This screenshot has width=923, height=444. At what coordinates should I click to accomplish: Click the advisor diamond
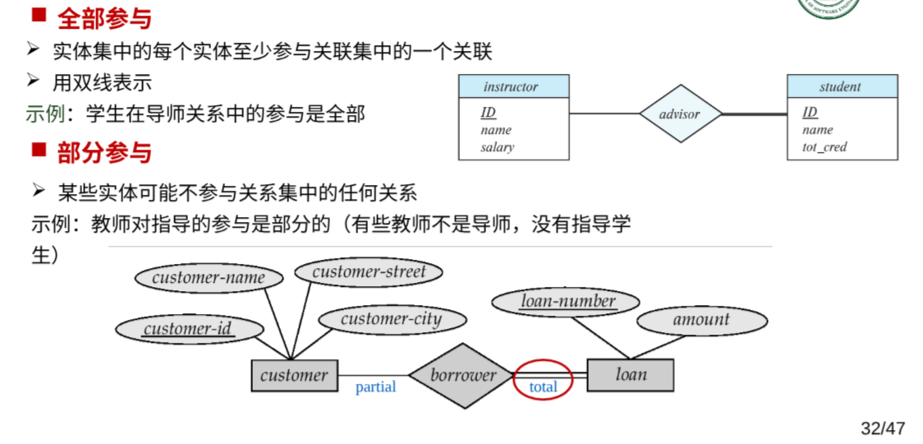[x=680, y=113]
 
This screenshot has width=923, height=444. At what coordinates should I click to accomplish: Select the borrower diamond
[x=463, y=376]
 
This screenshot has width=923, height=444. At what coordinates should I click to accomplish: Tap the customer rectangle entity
[x=294, y=376]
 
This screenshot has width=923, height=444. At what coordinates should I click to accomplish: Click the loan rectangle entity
[x=631, y=375]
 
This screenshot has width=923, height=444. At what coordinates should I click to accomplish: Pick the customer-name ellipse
[x=208, y=277]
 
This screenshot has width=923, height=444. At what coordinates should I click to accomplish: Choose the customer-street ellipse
[x=369, y=271]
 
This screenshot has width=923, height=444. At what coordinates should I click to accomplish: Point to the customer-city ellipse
[x=391, y=319]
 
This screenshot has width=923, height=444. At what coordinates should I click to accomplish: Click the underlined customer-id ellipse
[x=188, y=329]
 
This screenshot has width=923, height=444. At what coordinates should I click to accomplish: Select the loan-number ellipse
[x=567, y=302]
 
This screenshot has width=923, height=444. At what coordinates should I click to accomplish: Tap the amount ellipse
[x=700, y=320]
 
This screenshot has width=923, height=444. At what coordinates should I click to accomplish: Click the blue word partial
[x=375, y=387]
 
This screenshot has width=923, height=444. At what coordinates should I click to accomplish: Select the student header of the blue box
[x=841, y=86]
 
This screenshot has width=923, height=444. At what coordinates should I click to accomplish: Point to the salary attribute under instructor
[x=497, y=147]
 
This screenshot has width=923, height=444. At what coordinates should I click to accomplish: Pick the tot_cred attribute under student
[x=824, y=147]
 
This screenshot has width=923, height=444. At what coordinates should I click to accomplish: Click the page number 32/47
[x=882, y=428]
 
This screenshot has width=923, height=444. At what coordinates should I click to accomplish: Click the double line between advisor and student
[x=754, y=113]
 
